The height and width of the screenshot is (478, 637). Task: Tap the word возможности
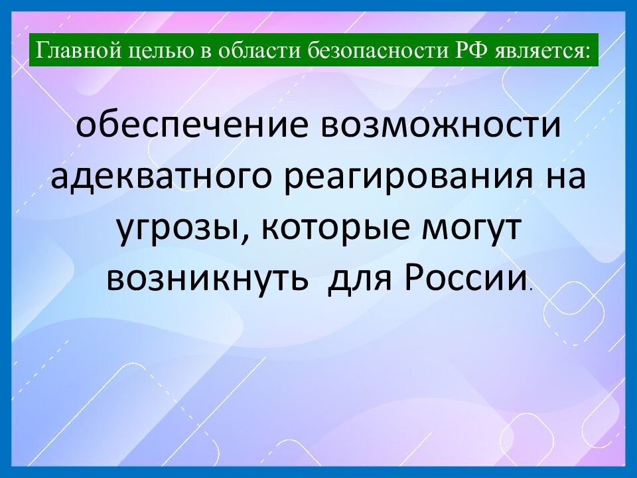pyautogui.click(x=442, y=126)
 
